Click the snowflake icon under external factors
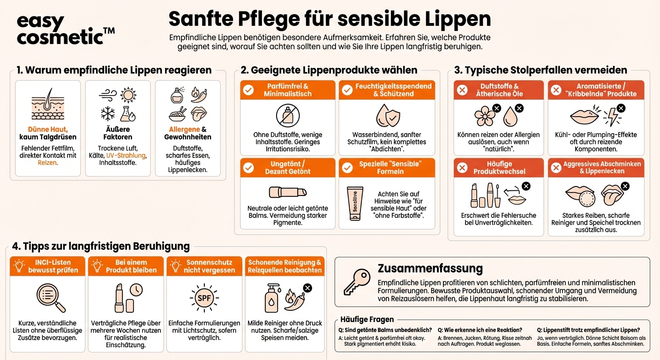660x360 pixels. (108, 113)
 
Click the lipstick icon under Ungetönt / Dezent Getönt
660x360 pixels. (287, 192)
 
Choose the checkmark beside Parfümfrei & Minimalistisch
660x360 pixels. (248, 90)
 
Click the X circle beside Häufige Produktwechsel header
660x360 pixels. (462, 168)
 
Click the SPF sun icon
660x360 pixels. (204, 298)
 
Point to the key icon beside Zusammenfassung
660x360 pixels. (357, 281)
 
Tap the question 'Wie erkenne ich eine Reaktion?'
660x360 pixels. (480, 330)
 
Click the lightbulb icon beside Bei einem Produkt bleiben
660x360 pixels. (97, 266)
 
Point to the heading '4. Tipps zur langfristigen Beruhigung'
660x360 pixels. (101, 246)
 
